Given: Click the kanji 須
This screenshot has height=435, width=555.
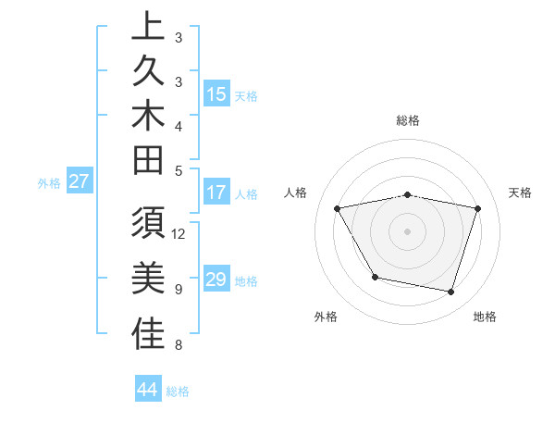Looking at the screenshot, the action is [148, 226].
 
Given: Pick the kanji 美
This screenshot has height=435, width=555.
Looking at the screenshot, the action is [148, 280].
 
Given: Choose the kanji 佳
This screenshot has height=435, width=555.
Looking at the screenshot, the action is [148, 335].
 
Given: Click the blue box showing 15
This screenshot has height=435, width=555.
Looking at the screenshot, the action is [216, 94].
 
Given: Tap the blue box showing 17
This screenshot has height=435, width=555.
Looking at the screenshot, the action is [216, 193].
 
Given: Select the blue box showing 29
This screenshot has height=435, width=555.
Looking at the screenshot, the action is [216, 280].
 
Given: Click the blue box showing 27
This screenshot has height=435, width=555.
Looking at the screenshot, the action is [79, 181].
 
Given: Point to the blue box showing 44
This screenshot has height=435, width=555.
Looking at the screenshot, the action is [147, 390].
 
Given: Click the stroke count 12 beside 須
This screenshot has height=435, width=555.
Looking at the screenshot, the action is [179, 233].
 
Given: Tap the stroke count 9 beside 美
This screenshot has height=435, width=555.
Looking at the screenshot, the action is [178, 290].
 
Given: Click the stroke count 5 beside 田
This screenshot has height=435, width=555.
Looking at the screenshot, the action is [178, 170].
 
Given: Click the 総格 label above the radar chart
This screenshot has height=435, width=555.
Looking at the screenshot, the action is [408, 120].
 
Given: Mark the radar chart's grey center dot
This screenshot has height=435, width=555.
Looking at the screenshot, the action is [408, 230].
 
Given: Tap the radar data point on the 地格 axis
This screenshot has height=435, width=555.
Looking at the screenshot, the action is [450, 292].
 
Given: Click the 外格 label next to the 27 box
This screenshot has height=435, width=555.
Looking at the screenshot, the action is [49, 182].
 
